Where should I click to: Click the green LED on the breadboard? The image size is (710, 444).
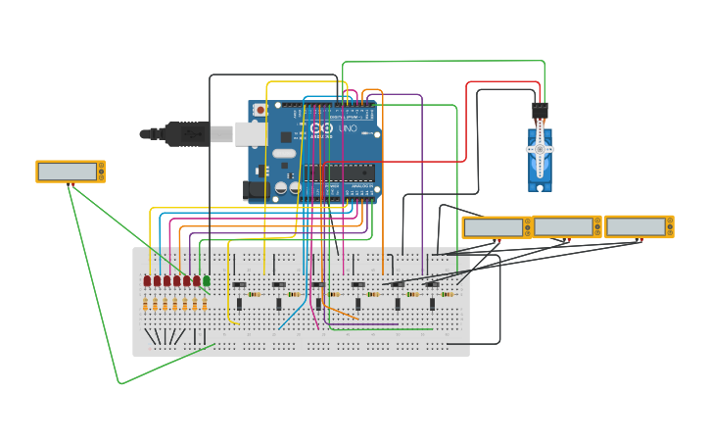click(206, 280)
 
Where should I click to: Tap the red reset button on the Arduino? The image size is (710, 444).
click(260, 110)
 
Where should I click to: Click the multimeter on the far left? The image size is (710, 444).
click(71, 172)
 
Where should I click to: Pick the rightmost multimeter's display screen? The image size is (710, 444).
click(636, 226)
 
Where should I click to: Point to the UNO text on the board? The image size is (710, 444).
click(349, 128)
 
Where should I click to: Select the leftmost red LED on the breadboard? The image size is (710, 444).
click(147, 280)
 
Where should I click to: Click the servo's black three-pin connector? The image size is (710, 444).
click(540, 110)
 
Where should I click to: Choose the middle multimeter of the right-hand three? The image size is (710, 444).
click(567, 226)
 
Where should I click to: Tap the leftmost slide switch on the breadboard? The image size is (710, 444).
click(239, 285)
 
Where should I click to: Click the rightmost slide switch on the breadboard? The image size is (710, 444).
click(432, 285)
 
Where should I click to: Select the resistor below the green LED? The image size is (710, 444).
click(205, 304)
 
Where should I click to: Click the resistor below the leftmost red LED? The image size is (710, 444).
click(145, 304)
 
